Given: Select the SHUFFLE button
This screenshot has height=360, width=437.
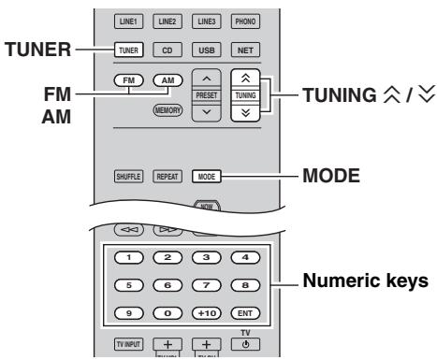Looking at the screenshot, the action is coord(130,174).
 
